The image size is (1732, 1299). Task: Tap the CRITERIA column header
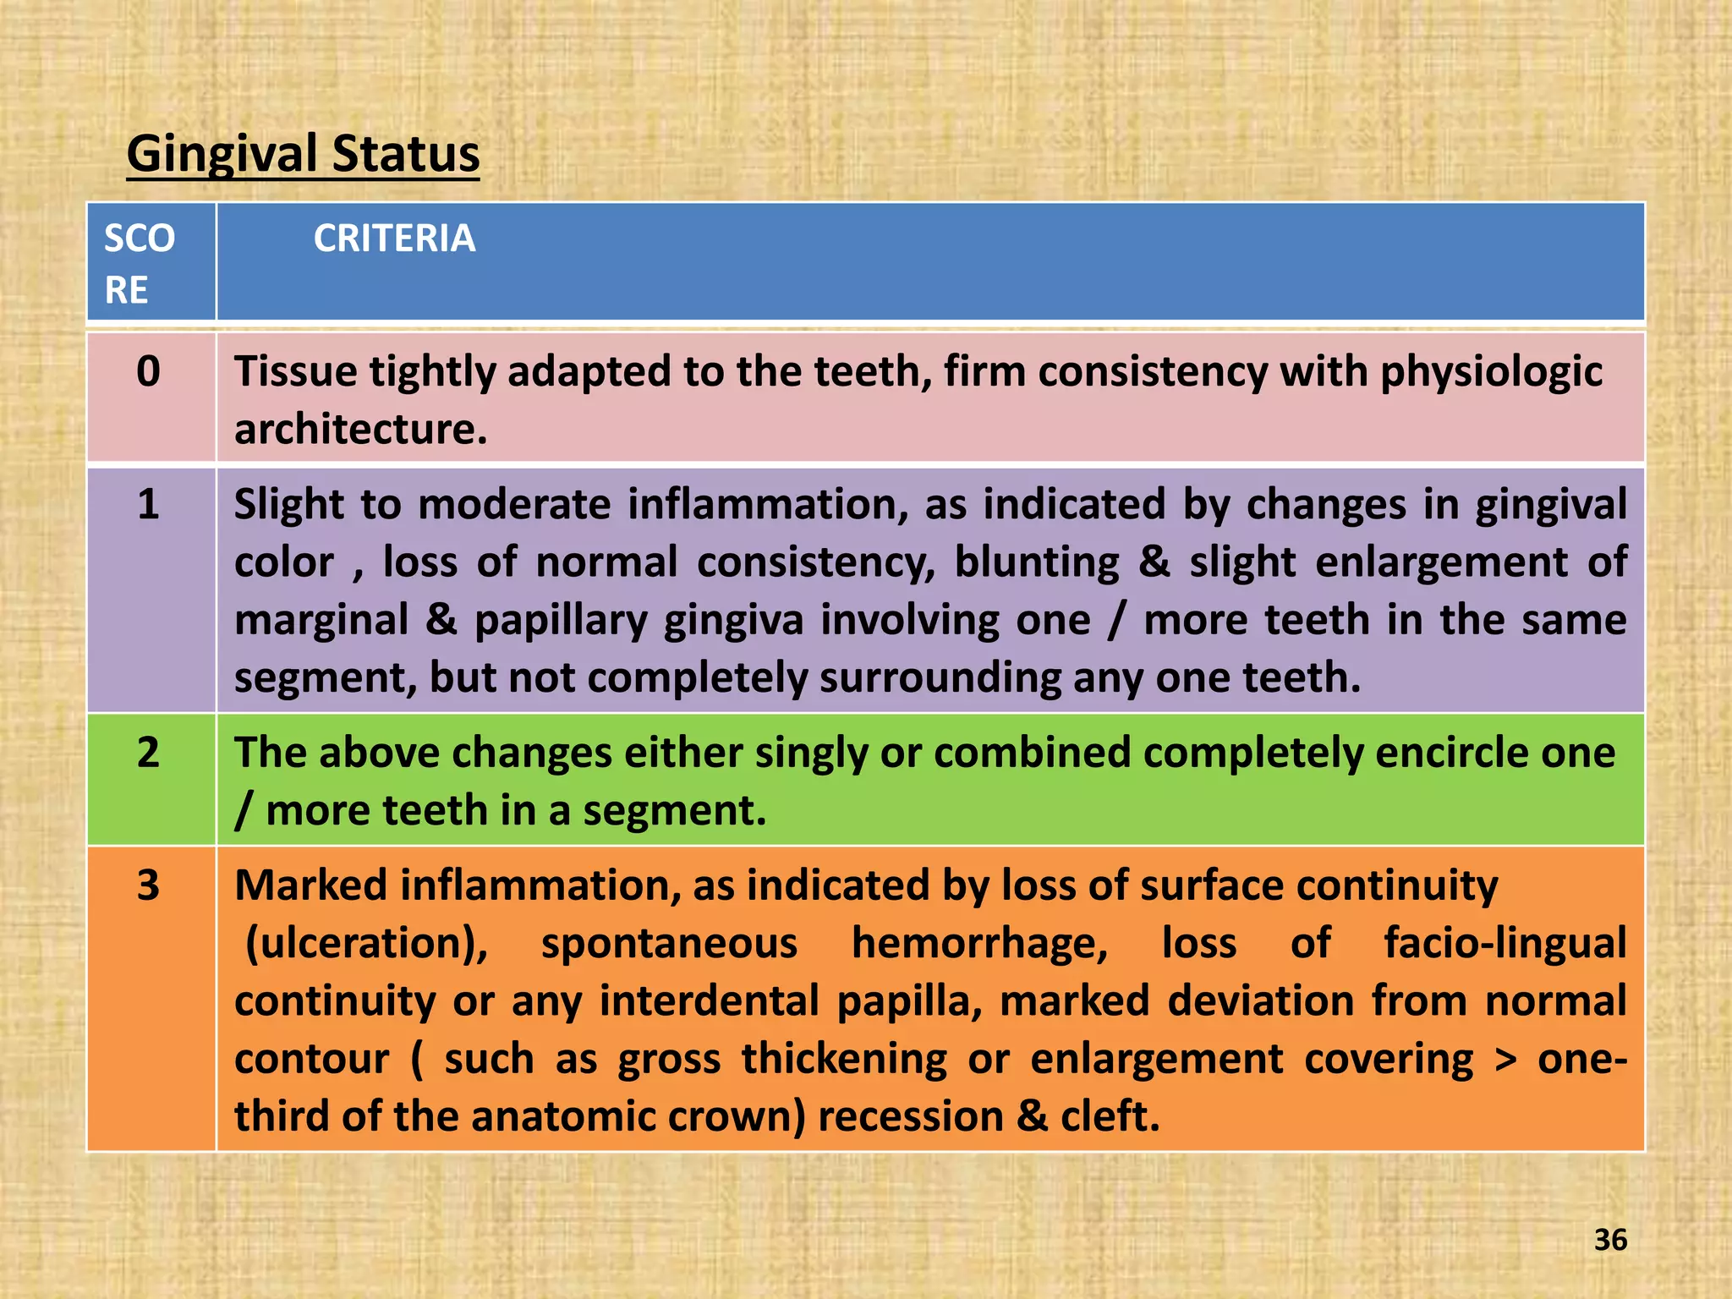(x=394, y=238)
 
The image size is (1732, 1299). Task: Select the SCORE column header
(x=140, y=263)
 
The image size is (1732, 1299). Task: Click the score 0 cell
(x=148, y=371)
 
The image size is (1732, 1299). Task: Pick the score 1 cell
(x=148, y=504)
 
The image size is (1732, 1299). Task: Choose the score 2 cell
(x=148, y=752)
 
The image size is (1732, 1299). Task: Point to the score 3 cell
(x=148, y=885)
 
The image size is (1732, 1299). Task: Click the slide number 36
(x=1610, y=1240)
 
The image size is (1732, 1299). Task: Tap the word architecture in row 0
(x=359, y=430)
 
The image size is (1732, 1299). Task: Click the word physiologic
(x=1491, y=372)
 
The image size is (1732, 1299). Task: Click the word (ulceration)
(x=366, y=944)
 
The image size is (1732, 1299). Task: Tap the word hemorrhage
(x=979, y=944)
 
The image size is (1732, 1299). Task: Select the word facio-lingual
(x=1505, y=944)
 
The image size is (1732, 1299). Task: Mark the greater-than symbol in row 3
(x=1505, y=1060)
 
